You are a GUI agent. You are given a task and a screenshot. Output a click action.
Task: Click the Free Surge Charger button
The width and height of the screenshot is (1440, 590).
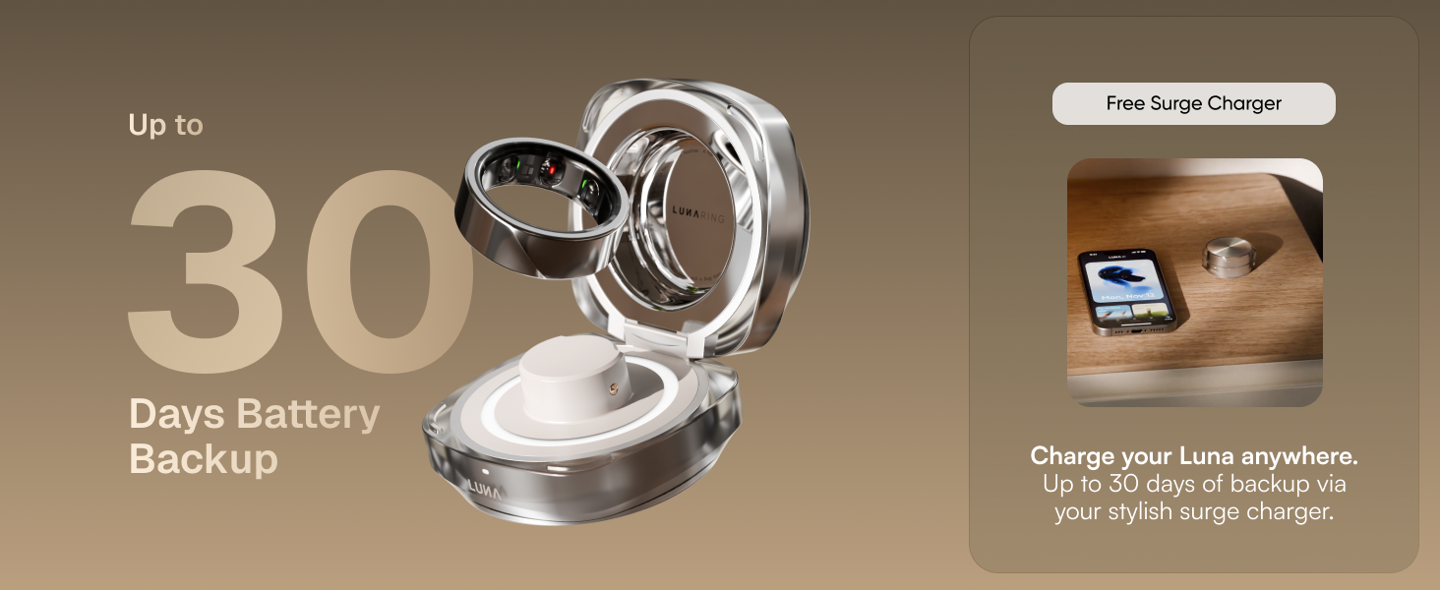pyautogui.click(x=1193, y=103)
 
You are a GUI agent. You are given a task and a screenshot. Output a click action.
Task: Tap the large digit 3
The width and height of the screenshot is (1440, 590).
pyautogui.click(x=206, y=271)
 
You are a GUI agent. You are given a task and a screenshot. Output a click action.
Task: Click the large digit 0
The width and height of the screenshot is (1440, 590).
pyautogui.click(x=390, y=271)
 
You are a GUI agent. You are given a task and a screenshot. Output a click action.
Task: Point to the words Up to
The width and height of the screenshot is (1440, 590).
pyautogui.click(x=166, y=125)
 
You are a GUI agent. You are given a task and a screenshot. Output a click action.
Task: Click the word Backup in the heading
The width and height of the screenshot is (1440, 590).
pyautogui.click(x=204, y=459)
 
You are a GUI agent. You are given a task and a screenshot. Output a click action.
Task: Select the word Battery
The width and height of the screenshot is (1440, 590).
pyautogui.click(x=309, y=415)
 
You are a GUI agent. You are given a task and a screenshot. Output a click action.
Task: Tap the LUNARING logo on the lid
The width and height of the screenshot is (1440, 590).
pyautogui.click(x=698, y=214)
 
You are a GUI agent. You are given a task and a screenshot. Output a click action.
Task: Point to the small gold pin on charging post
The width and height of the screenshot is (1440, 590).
pyautogui.click(x=614, y=387)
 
